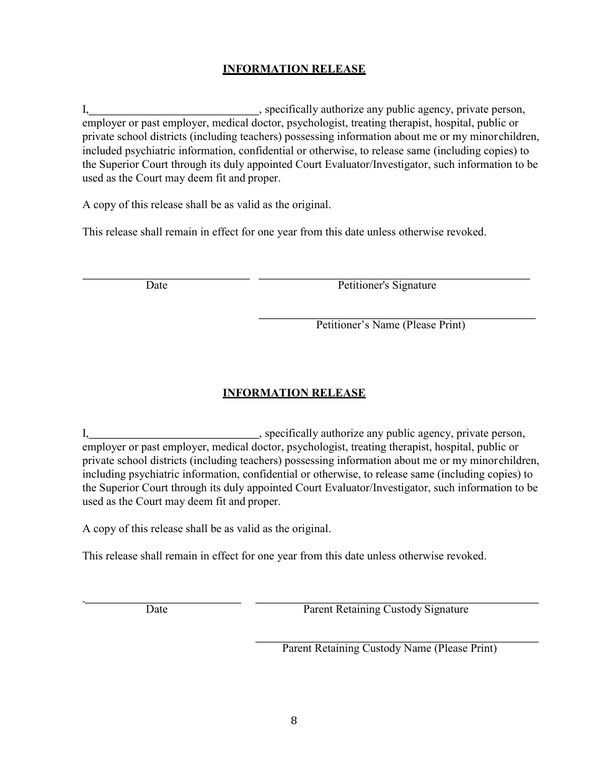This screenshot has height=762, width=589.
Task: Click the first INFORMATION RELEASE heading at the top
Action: (x=294, y=69)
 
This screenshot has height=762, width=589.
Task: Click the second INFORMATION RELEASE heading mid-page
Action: (x=294, y=393)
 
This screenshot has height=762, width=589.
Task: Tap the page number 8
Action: (x=294, y=720)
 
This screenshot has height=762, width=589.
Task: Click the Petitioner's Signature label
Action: (x=387, y=286)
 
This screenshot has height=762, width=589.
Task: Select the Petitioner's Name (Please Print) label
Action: (x=391, y=325)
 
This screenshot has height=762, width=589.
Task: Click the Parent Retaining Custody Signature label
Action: (x=386, y=610)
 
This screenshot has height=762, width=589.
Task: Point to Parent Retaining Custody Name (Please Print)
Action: (x=389, y=649)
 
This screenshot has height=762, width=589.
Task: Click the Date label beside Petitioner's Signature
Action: (x=157, y=286)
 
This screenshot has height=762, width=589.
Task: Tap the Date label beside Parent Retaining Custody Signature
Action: (x=157, y=610)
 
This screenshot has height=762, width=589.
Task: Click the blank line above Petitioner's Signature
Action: (x=394, y=279)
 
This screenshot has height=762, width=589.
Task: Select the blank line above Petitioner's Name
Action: (x=397, y=318)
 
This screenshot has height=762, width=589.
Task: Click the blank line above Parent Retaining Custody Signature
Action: (x=397, y=603)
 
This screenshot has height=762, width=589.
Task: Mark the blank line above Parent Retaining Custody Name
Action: (x=397, y=642)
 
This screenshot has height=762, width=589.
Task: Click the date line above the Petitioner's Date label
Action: (x=166, y=279)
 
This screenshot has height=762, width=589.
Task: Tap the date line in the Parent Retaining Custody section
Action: (x=162, y=603)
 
